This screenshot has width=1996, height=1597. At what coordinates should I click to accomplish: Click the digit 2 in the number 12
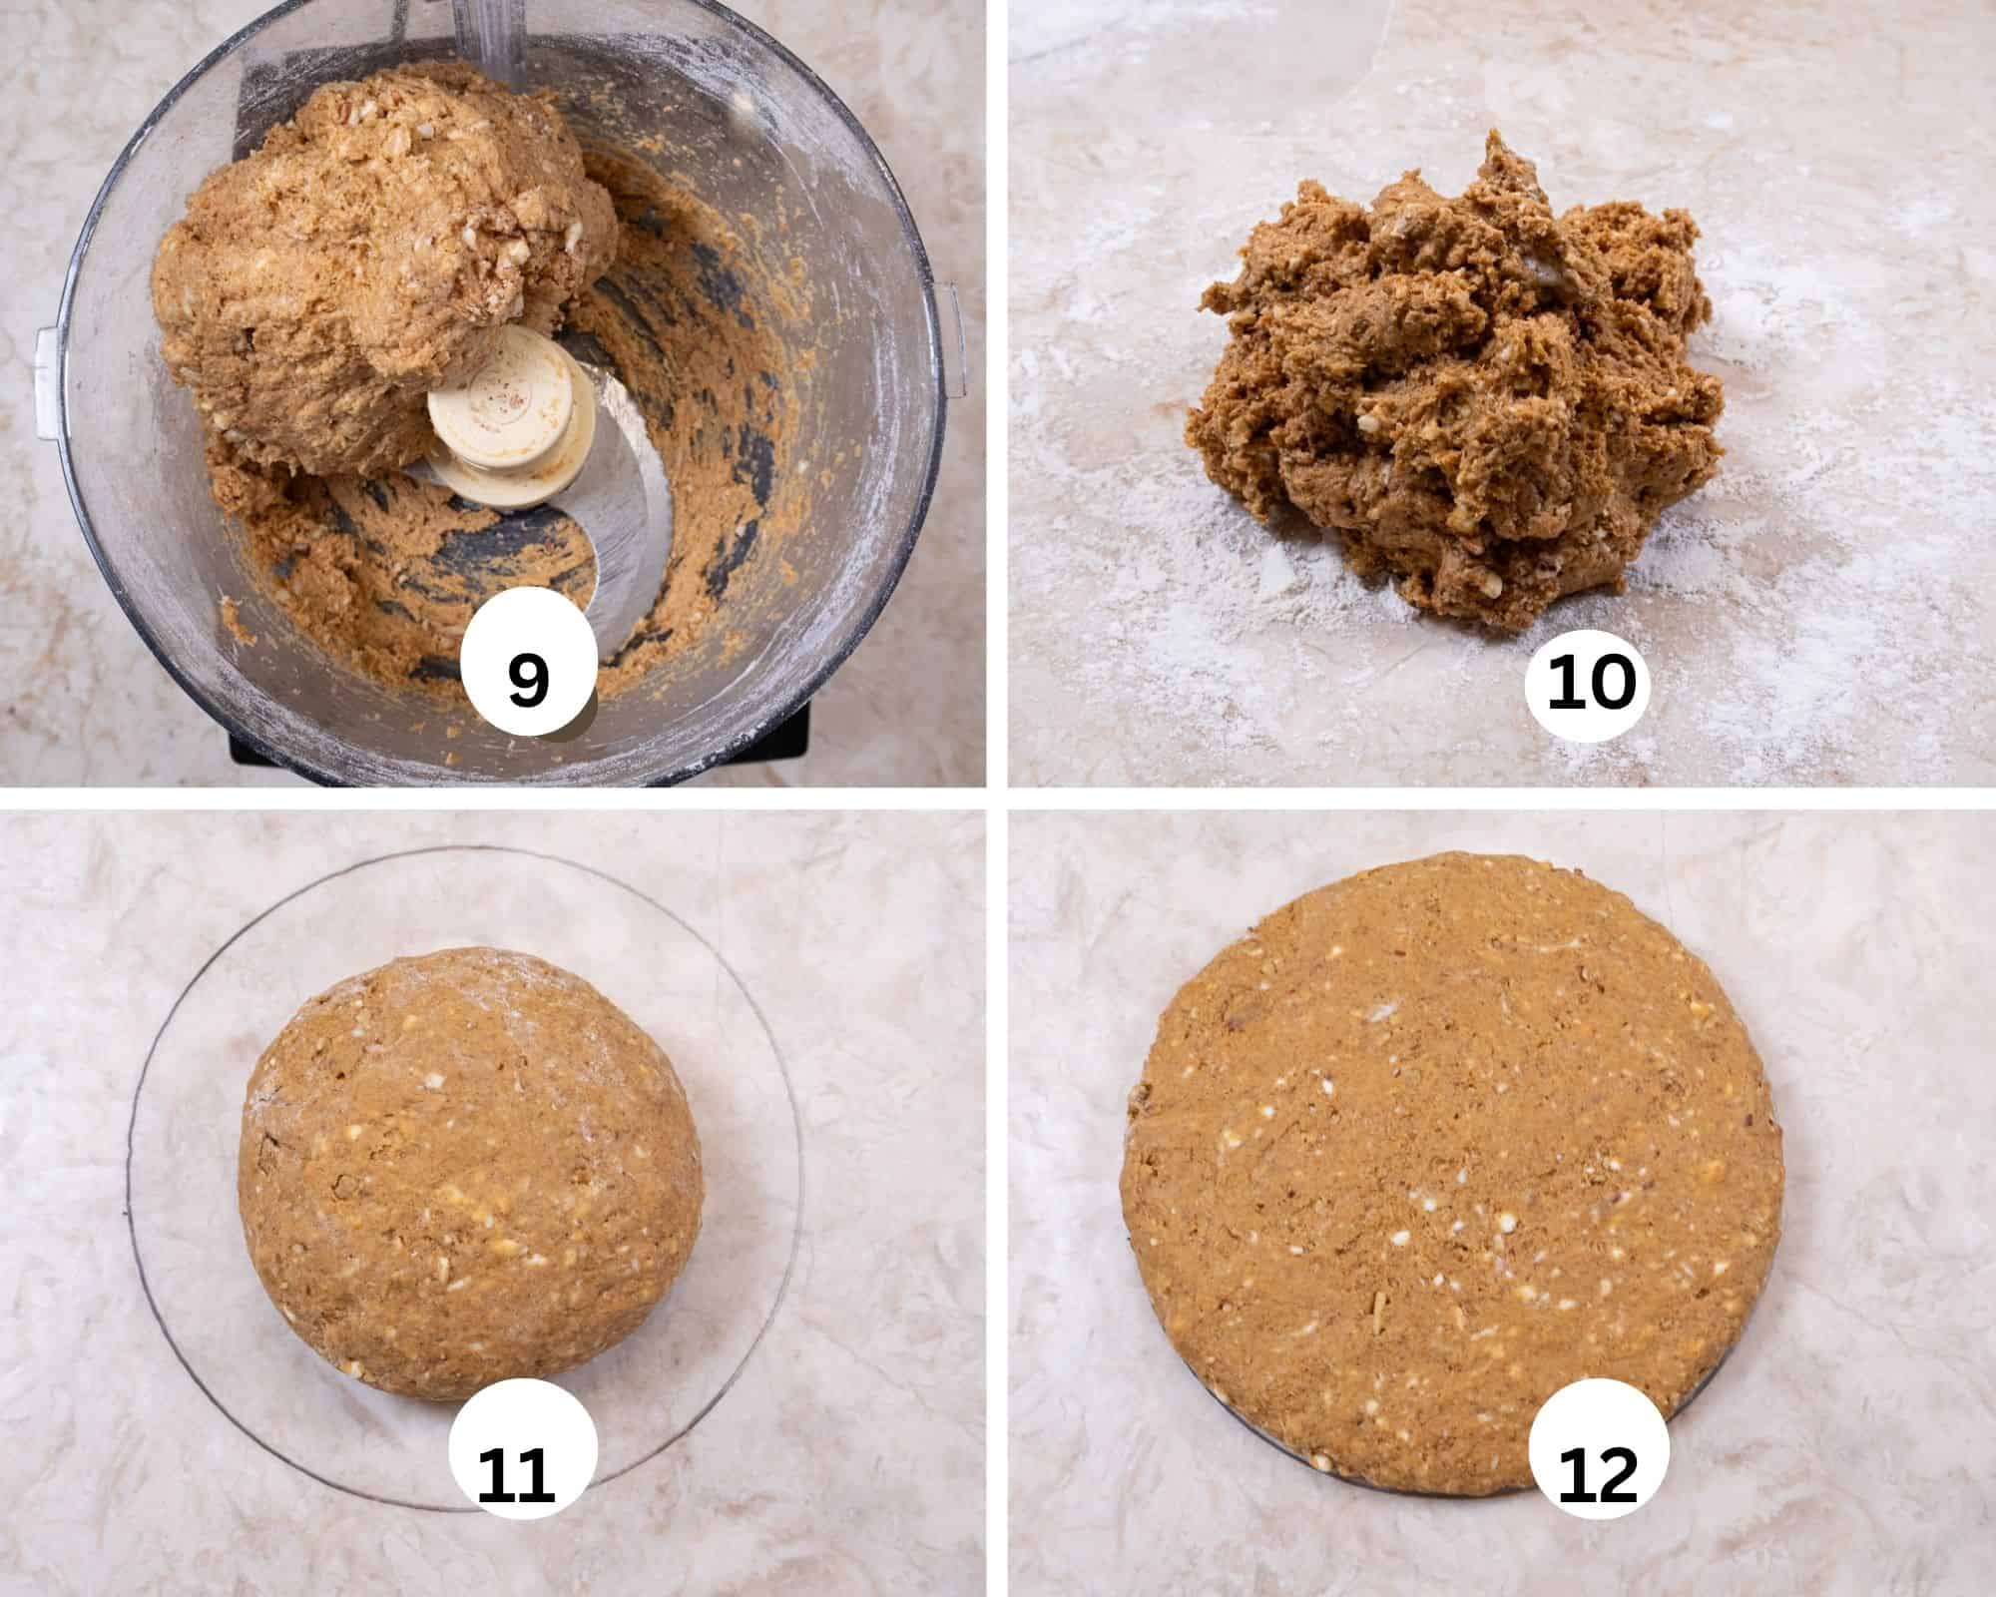[1617, 1475]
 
